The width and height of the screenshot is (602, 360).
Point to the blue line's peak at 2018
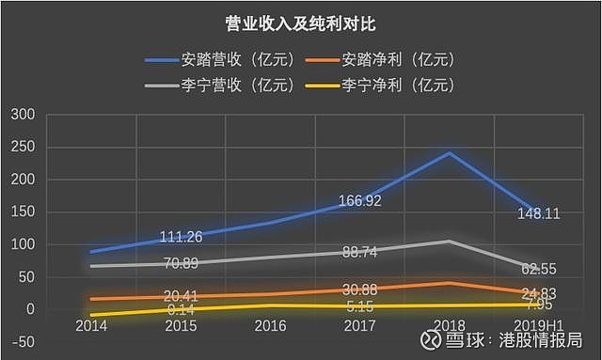pos(450,153)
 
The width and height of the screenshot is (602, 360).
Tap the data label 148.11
pos(538,213)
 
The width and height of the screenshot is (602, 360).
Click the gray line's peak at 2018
pos(450,242)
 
